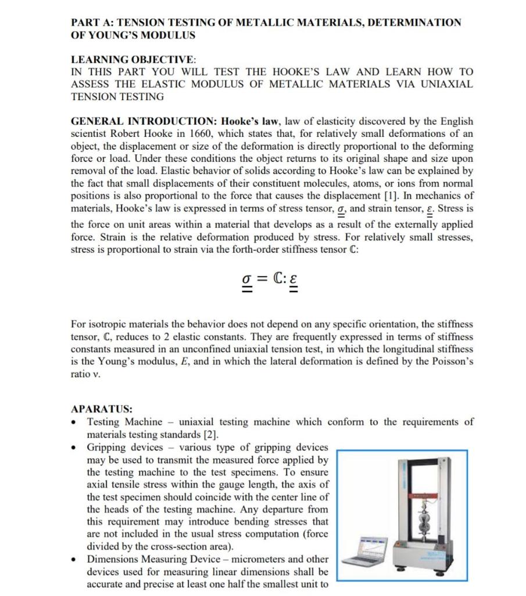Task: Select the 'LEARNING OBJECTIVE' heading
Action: pos(133,59)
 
